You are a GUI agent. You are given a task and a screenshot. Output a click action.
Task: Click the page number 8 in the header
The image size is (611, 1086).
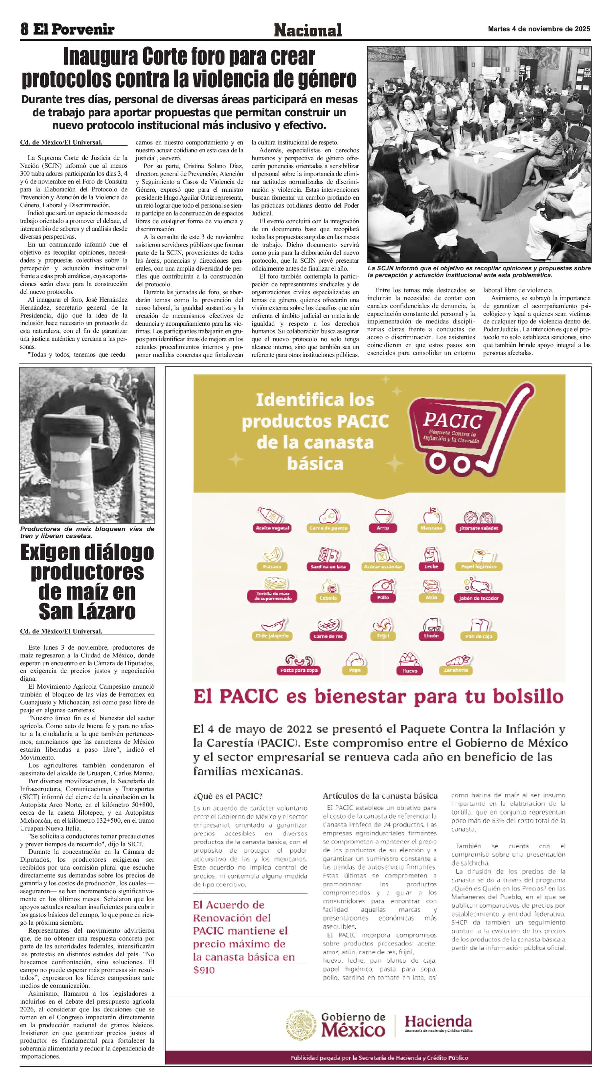pyautogui.click(x=24, y=29)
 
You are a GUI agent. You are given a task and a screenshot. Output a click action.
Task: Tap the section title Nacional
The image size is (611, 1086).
pyautogui.click(x=307, y=30)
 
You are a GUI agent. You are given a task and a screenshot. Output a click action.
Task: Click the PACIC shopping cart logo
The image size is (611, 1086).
pyautogui.click(x=468, y=430)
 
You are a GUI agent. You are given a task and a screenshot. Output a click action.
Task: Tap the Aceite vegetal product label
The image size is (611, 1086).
pyautogui.click(x=272, y=528)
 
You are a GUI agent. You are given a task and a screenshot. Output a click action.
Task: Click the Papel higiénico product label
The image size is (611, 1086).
pyautogui.click(x=479, y=566)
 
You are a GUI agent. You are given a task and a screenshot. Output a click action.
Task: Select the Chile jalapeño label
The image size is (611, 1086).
pyautogui.click(x=272, y=636)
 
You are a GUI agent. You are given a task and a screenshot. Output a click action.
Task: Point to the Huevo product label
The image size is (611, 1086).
pyautogui.click(x=409, y=670)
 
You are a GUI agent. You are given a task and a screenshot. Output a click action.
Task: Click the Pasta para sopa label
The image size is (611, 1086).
pyautogui.click(x=299, y=670)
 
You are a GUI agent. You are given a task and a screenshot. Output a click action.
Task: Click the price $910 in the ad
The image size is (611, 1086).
pyautogui.click(x=204, y=970)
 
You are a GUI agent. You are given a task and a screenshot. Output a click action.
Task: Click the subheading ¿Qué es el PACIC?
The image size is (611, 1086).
pyautogui.click(x=228, y=796)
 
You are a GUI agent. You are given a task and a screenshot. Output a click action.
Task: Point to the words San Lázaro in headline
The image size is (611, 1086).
pyautogui.click(x=87, y=611)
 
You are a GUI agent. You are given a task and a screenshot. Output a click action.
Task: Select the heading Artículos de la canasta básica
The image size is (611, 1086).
pyautogui.click(x=380, y=796)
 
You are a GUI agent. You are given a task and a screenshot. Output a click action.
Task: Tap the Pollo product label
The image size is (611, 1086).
pyautogui.click(x=383, y=597)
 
